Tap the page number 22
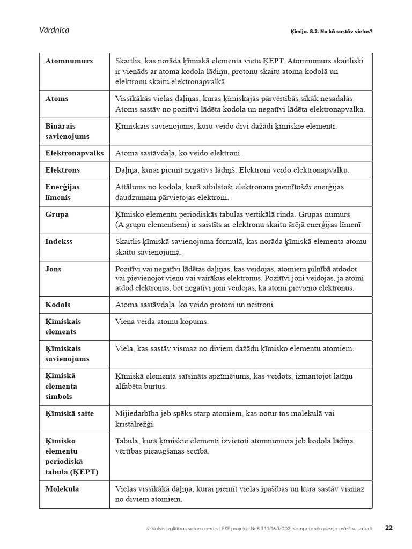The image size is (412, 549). (389, 528)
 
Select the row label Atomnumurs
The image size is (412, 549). (69, 61)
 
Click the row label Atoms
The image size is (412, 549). (57, 99)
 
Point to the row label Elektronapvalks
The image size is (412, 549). (74, 153)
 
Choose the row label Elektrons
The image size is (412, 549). (62, 170)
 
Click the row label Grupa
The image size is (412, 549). (57, 214)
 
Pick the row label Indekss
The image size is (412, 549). (59, 242)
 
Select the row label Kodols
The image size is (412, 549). (58, 305)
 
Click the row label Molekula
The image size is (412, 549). (62, 489)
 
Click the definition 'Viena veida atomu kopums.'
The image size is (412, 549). (161, 322)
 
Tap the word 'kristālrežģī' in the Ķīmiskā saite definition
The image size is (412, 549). (135, 424)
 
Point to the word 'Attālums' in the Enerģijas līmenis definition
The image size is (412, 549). (130, 187)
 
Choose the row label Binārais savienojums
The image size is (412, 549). (67, 131)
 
